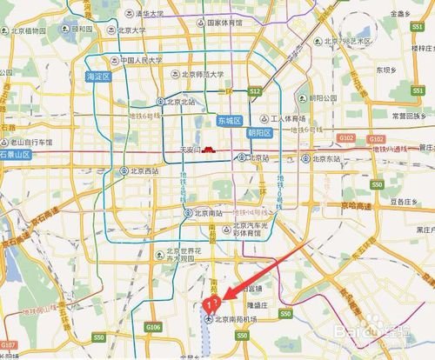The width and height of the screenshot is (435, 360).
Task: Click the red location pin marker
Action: pos(210,303)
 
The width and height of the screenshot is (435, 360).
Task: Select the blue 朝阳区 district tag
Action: pos(261,133)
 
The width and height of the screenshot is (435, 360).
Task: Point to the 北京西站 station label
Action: pos(143,171)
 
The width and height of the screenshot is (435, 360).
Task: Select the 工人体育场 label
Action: pos(287,118)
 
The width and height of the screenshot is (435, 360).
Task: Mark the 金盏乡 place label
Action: pos(401,15)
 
